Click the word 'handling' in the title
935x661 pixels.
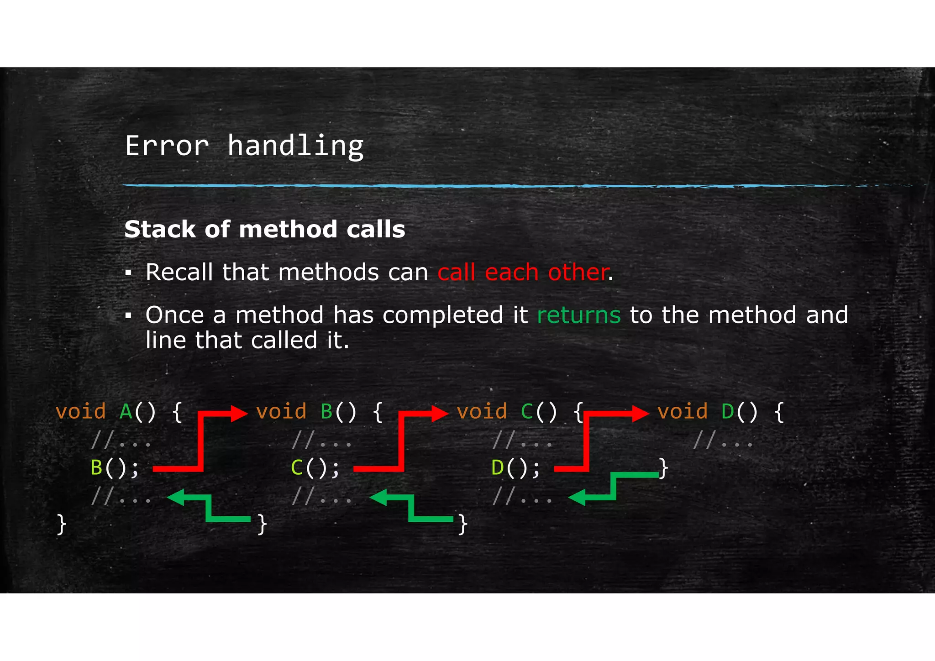click(295, 146)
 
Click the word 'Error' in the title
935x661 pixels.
click(167, 146)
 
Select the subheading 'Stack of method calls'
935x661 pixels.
click(265, 229)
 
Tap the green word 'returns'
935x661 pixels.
click(578, 315)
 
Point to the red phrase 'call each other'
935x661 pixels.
click(523, 273)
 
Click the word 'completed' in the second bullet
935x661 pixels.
click(442, 315)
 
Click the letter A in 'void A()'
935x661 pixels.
click(126, 412)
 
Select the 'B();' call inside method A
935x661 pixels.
click(115, 468)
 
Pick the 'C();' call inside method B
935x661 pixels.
click(315, 468)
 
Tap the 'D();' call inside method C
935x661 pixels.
click(516, 468)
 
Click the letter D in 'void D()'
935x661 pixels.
click(728, 412)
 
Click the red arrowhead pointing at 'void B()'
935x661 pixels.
click(239, 414)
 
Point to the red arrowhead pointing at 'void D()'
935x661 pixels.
click(640, 414)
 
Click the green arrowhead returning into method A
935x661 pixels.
click(176, 497)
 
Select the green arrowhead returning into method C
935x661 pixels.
click(578, 497)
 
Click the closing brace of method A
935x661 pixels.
click(61, 524)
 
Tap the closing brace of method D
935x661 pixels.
click(663, 468)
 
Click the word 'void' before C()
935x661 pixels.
click(482, 412)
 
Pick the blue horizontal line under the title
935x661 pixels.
click(502, 186)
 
